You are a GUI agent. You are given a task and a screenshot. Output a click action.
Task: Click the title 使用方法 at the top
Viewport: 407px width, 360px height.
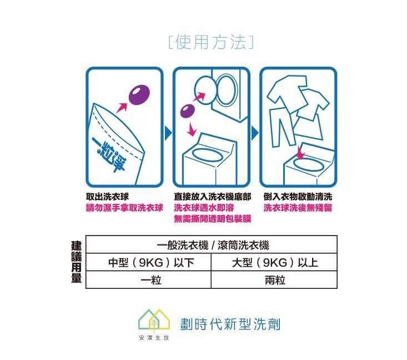click(211, 42)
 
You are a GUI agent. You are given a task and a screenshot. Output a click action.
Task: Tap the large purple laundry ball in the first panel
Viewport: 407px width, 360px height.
click(139, 95)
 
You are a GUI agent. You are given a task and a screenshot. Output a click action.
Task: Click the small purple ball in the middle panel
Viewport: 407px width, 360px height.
click(188, 111)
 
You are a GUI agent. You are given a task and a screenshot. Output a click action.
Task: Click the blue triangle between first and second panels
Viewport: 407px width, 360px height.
click(168, 133)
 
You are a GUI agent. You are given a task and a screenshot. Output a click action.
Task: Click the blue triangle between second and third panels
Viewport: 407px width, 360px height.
click(255, 133)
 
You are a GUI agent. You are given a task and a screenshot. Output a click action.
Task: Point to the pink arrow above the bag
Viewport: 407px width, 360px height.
click(122, 108)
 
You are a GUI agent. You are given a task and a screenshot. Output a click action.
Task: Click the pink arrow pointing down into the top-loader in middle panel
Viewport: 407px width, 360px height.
click(192, 129)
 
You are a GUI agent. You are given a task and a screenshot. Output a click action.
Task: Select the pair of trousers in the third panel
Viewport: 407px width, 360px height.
click(282, 127)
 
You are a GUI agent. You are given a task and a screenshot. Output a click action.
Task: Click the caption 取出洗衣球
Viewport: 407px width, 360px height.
click(107, 197)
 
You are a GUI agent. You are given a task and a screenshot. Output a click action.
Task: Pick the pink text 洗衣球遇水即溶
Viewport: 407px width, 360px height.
click(204, 208)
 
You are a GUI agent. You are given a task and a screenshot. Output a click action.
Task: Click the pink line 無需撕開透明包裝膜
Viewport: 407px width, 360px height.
click(212, 219)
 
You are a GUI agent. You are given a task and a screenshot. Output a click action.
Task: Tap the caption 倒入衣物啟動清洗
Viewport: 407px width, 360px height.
click(298, 197)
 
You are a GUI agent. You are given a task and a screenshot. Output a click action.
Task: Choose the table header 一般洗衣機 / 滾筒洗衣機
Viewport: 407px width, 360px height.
click(213, 245)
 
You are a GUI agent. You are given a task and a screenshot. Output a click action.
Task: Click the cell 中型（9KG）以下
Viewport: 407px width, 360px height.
click(151, 263)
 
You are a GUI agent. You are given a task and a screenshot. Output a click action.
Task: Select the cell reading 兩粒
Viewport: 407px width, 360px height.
click(275, 280)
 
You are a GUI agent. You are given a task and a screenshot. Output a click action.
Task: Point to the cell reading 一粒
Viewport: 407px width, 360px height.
click(151, 280)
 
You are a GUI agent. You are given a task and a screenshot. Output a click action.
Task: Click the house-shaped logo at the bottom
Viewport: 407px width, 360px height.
click(154, 320)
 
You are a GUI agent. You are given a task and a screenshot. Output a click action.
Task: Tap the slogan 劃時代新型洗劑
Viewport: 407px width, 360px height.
click(230, 324)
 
